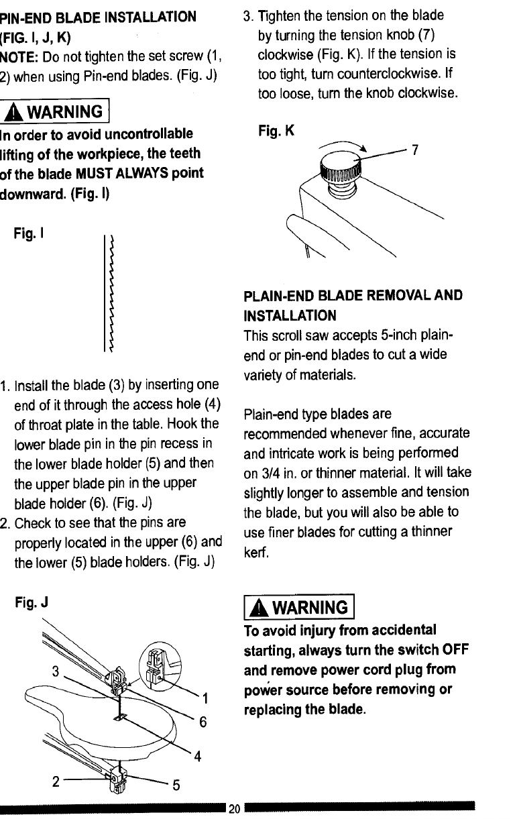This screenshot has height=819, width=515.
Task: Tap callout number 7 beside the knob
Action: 414,150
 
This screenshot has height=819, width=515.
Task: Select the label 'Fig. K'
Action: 276,133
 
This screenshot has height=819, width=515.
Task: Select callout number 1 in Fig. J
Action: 207,701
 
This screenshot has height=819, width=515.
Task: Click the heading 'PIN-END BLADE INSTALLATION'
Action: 98,15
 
